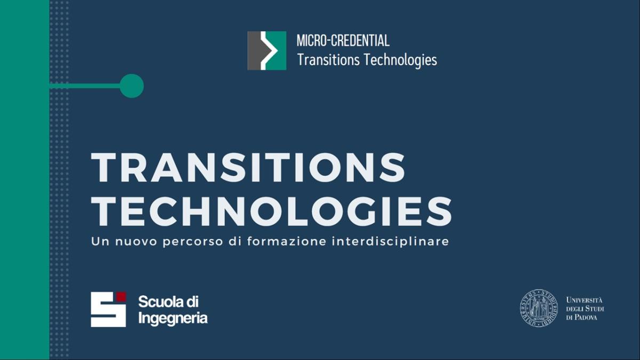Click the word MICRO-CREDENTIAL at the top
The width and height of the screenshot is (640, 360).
point(343,41)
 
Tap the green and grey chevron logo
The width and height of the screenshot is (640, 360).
point(267,51)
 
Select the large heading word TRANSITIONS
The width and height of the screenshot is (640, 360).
point(248,167)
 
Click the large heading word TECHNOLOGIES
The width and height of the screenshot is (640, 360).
point(271,211)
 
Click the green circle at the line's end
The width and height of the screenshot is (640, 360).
point(131,86)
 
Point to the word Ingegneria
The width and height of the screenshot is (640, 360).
point(173,318)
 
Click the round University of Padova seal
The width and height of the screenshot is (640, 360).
point(539,308)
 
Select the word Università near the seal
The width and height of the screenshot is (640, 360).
point(585,300)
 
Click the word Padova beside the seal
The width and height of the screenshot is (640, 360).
point(586,317)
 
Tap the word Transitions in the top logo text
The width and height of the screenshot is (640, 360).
point(329,60)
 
